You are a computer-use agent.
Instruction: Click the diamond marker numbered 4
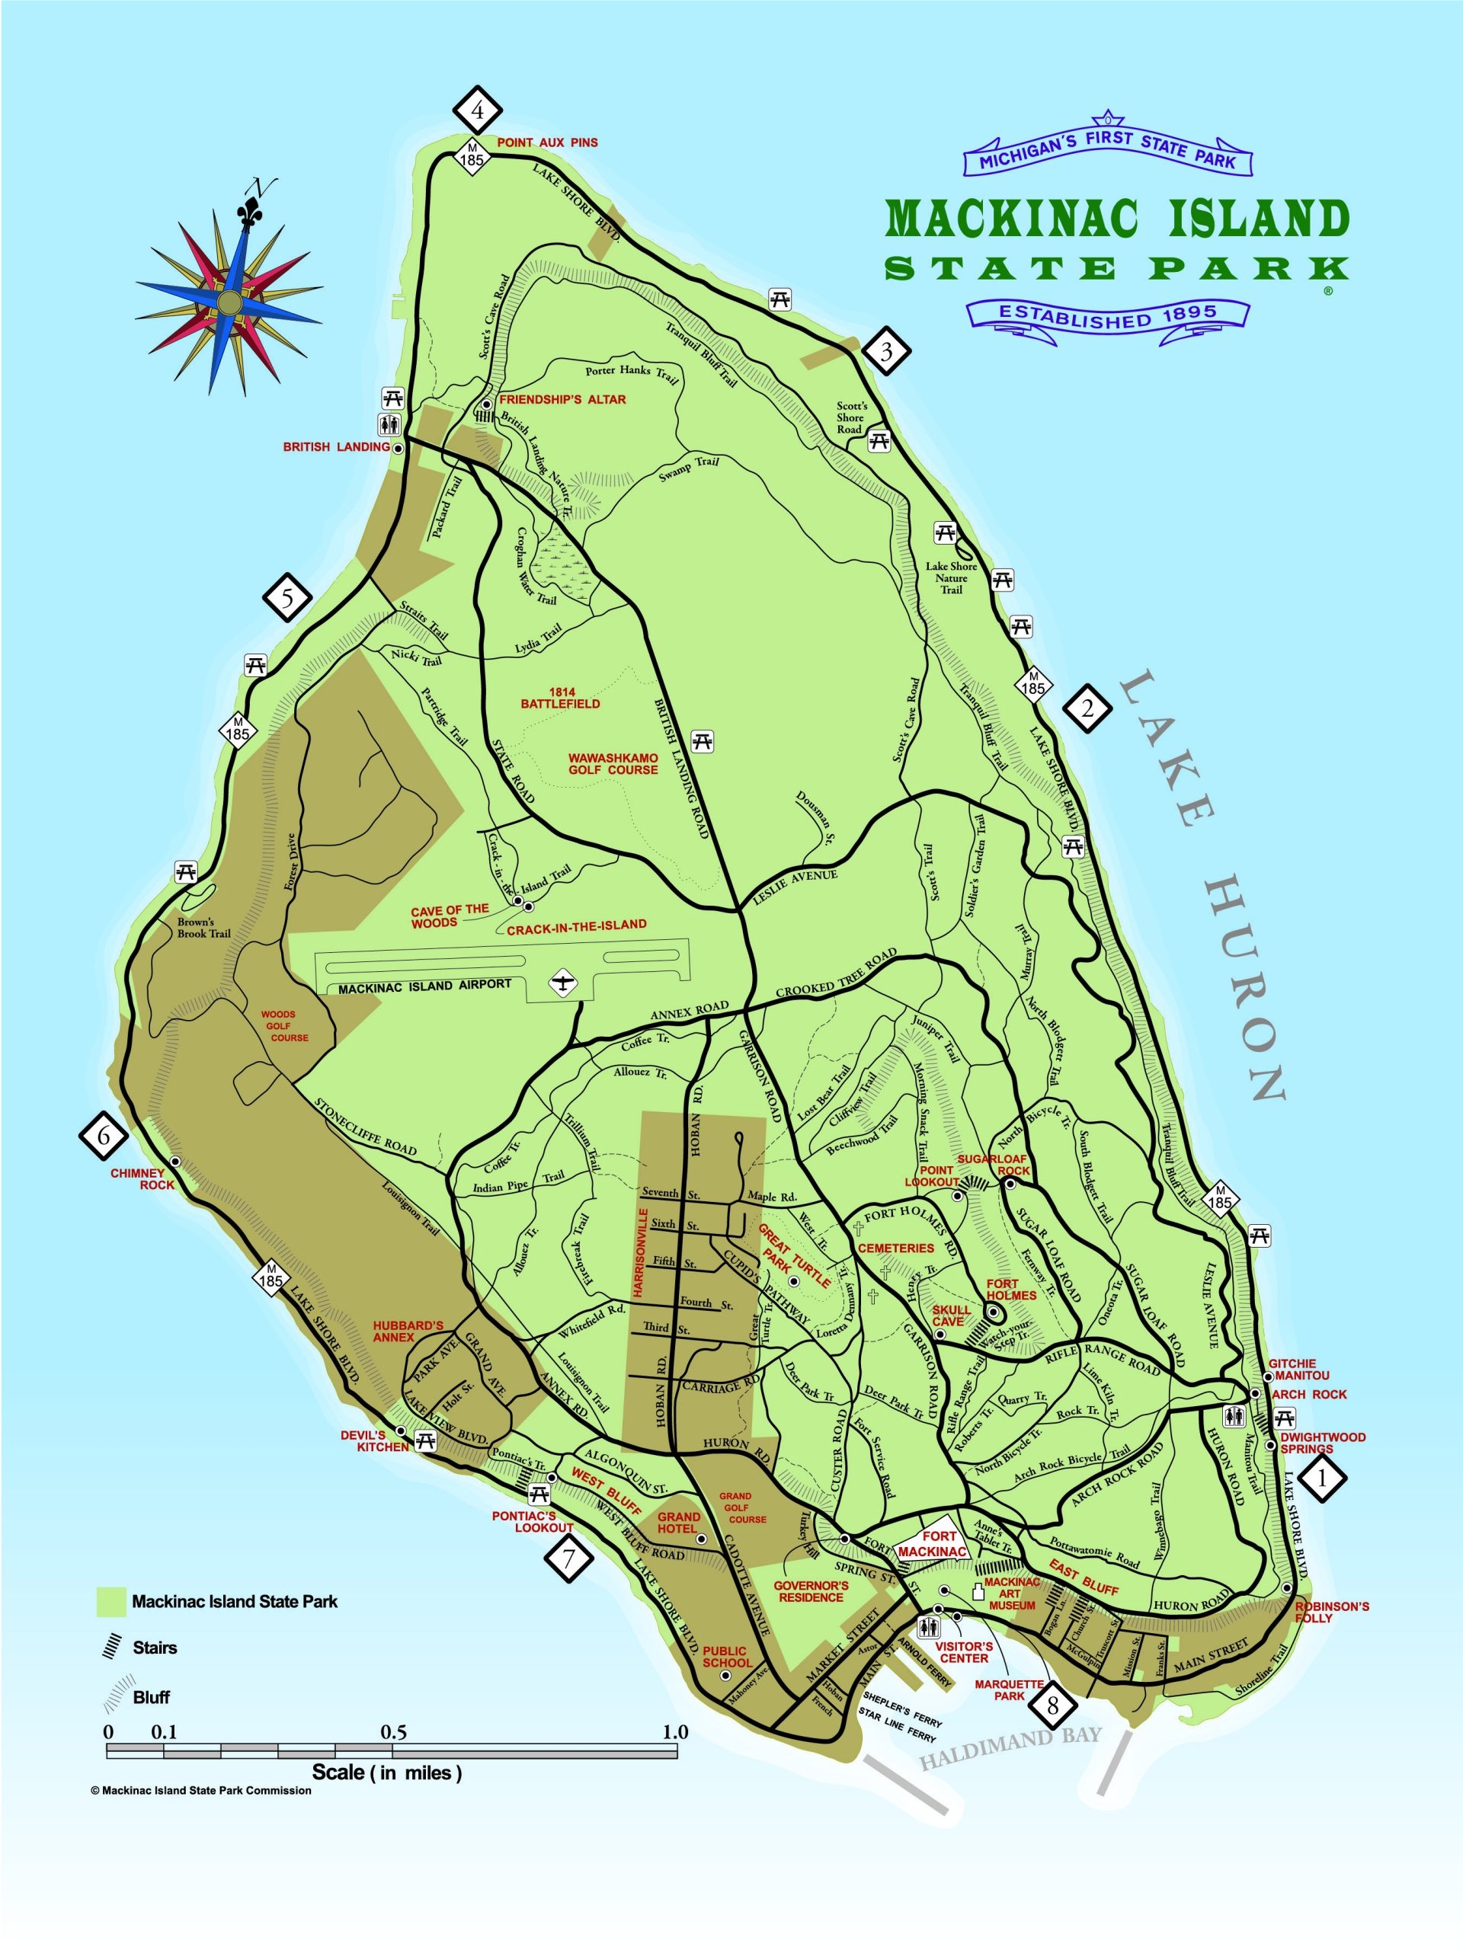(477, 111)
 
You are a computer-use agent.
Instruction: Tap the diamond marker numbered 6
(104, 1136)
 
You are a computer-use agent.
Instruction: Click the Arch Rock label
(1310, 1395)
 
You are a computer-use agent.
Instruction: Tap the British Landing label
(336, 447)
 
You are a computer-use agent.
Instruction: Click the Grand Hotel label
(679, 1523)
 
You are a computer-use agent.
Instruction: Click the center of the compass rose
(229, 302)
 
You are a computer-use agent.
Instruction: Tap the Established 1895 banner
(1108, 315)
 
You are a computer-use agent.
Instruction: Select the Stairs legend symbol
(112, 1646)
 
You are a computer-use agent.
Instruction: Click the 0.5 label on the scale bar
(393, 1731)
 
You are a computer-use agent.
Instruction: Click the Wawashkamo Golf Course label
(613, 763)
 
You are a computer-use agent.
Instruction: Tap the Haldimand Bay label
(1010, 1760)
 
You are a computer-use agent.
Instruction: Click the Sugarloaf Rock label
(993, 1165)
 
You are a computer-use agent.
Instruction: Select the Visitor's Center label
(964, 1652)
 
